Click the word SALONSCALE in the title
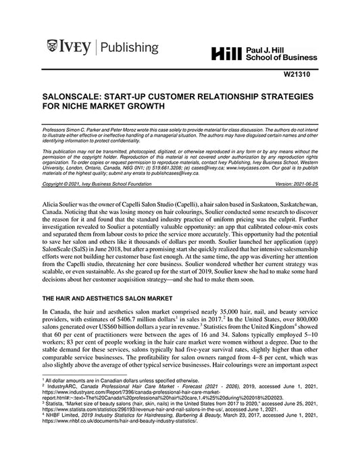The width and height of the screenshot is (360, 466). pyautogui.click(x=74, y=97)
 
